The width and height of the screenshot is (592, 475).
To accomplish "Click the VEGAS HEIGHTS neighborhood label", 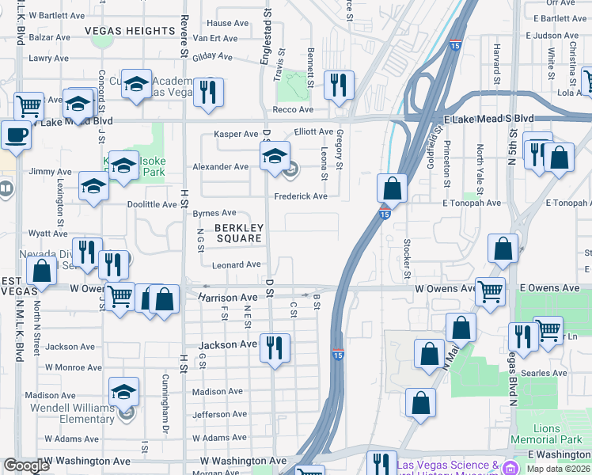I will pos(130,31).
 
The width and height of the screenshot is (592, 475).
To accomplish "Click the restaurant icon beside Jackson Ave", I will pos(275,348).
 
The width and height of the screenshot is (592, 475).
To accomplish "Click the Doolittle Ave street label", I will pos(153,204).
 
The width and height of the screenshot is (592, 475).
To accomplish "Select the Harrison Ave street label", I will pos(228,298).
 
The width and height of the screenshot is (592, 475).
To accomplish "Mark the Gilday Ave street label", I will pos(209,57).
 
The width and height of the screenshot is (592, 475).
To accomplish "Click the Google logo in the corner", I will pos(26,466).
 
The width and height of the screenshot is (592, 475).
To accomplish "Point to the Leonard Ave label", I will pos(236,265).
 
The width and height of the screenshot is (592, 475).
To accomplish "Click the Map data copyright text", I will pos(558,469).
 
